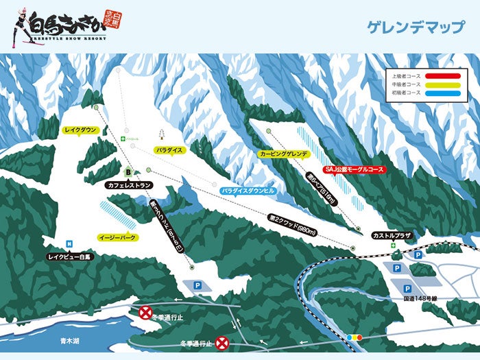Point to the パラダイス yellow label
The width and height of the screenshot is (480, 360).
[169, 149]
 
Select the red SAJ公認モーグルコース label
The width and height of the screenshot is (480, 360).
[354, 169]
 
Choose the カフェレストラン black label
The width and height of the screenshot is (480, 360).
[128, 185]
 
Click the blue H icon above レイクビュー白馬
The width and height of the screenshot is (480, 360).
[70, 243]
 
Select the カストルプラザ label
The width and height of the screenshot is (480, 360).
[391, 235]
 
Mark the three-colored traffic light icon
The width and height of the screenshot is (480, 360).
[355, 337]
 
